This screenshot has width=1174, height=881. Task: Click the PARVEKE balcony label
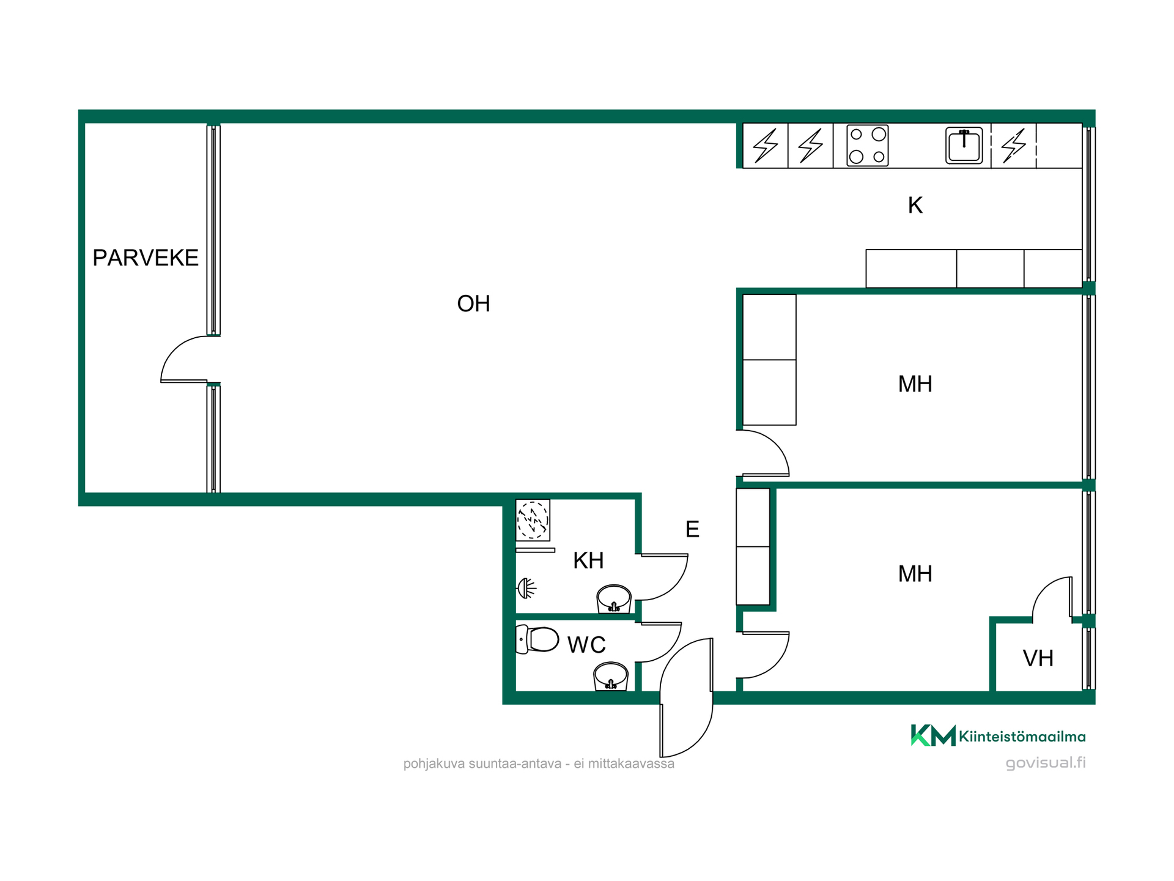(146, 258)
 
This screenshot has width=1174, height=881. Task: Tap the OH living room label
(473, 303)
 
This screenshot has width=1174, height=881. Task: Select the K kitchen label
(915, 206)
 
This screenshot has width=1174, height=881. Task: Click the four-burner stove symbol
(867, 145)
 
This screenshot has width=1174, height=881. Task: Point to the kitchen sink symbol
(964, 146)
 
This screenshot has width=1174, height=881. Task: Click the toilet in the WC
(537, 639)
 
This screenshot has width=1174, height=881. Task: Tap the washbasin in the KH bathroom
(613, 599)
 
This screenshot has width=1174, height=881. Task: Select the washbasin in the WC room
(610, 676)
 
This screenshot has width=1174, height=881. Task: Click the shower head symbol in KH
(526, 589)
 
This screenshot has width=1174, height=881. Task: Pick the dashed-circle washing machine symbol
(533, 520)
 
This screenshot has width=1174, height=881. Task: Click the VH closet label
(1038, 658)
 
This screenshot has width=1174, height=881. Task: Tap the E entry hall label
(692, 529)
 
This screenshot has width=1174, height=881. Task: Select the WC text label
(586, 645)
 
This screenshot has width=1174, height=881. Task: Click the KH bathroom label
(588, 560)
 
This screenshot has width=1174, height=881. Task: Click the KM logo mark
(933, 735)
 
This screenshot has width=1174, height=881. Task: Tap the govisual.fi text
(1046, 763)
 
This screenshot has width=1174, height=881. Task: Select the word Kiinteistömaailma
(1022, 737)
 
